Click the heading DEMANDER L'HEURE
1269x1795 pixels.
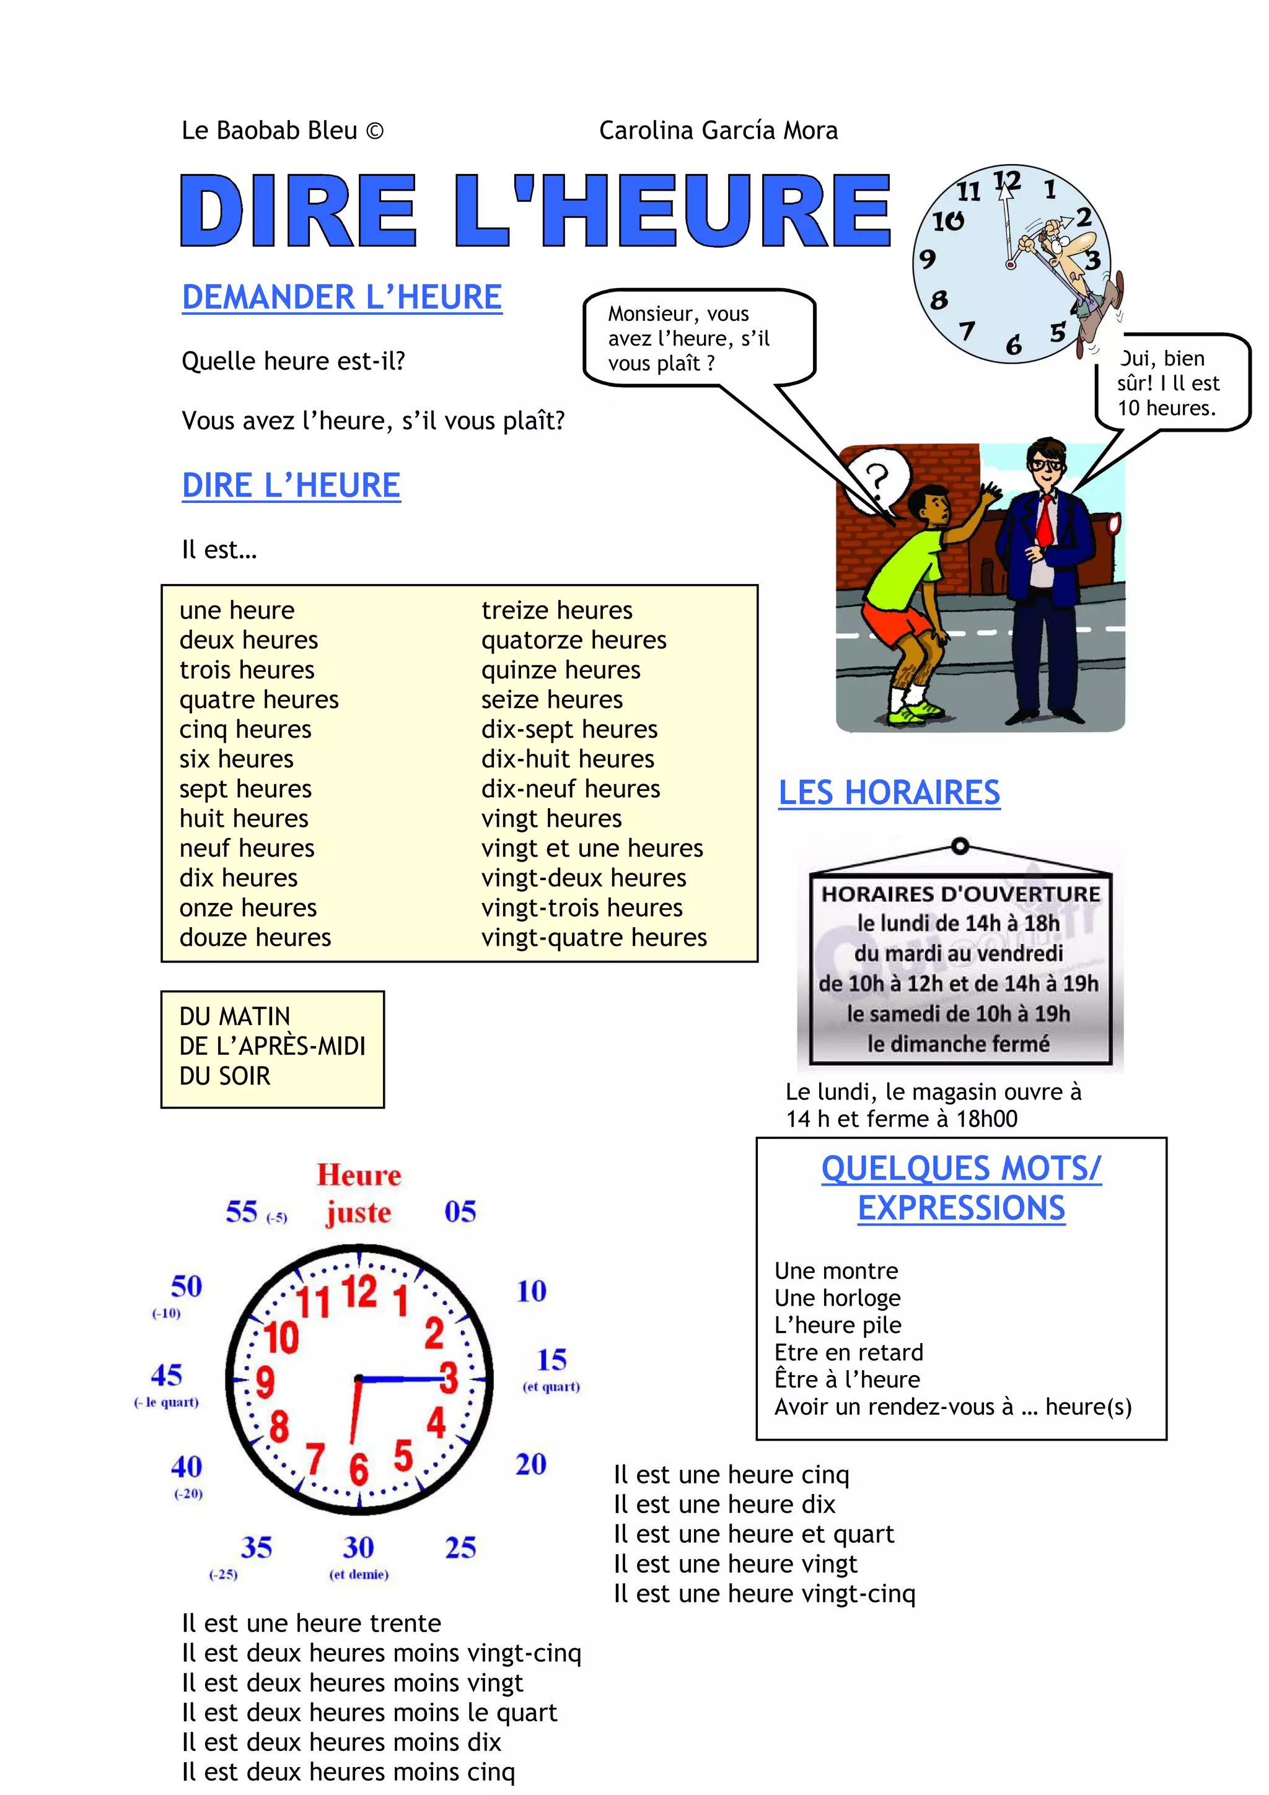341,297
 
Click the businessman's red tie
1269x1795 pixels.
1045,520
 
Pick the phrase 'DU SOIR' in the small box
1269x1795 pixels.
225,1076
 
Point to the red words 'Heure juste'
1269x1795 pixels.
359,1194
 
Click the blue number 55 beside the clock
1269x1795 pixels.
242,1211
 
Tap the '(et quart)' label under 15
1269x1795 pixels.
551,1387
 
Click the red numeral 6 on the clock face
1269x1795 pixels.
358,1468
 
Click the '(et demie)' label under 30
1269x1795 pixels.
359,1574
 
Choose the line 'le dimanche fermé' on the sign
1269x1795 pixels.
959,1044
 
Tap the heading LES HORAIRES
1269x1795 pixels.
889,792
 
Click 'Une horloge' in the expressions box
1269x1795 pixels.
837,1298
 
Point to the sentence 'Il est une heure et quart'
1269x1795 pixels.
753,1534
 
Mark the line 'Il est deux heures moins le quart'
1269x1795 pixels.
369,1712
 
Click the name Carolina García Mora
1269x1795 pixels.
718,130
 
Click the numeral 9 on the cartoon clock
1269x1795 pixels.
928,259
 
